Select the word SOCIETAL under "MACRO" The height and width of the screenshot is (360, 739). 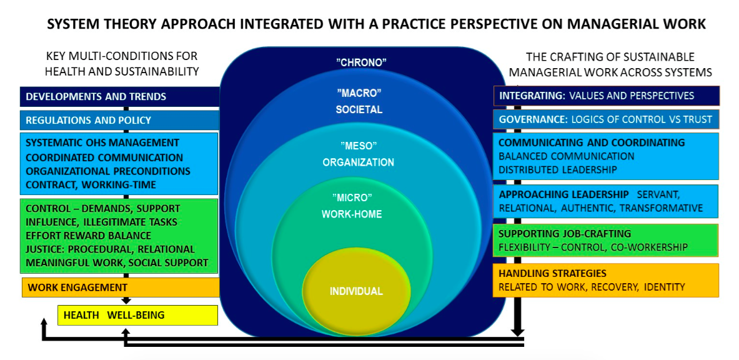point(359,110)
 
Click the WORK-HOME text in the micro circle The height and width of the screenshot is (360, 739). point(352,214)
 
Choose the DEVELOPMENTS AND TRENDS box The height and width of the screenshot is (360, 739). point(120,96)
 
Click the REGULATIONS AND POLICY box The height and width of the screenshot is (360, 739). point(120,121)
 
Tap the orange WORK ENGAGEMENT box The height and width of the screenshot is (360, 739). point(121,287)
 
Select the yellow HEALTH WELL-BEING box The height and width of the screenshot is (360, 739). point(137,315)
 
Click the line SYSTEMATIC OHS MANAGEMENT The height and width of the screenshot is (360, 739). point(102,142)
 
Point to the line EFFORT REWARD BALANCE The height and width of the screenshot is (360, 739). point(89,235)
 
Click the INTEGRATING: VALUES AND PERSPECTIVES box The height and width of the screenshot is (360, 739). point(606,96)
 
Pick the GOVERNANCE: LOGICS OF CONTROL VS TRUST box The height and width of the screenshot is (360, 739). point(606,119)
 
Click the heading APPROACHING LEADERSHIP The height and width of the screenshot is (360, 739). point(563,194)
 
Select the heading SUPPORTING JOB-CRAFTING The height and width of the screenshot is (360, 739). point(565,234)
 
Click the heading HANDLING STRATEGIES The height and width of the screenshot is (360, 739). point(552,274)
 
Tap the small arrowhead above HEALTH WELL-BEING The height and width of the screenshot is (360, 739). point(126,301)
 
